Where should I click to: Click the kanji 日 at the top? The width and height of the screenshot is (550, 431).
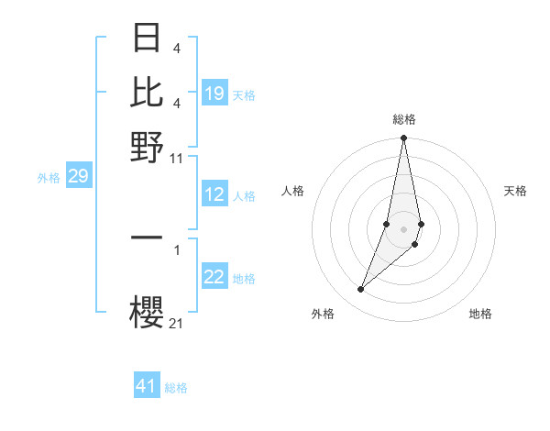coord(148,39)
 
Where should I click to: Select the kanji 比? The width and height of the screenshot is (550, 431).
coord(148,93)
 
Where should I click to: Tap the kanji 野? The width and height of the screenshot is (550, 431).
coord(148,146)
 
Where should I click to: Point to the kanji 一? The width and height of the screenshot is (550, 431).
coord(148,238)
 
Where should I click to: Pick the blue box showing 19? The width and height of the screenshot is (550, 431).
coord(214,93)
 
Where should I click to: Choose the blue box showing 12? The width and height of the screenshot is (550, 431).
coord(214,194)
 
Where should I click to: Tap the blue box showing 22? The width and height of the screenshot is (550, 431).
coord(214,277)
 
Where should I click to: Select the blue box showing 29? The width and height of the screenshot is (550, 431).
coord(78,176)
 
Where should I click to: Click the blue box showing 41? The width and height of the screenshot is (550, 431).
coord(147,386)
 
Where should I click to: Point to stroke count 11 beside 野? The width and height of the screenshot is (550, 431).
coord(177,158)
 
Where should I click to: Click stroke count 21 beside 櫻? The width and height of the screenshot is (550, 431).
coord(177,323)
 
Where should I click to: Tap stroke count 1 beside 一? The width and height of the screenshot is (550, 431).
coord(177,249)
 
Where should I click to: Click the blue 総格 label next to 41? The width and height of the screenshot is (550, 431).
coord(176,388)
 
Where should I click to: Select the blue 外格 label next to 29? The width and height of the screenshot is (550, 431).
coord(48,178)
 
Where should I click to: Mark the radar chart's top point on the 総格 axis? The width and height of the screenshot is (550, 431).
coord(403,138)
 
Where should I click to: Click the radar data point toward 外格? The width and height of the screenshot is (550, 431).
coord(360,290)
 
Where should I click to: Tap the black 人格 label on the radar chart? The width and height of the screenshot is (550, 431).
coord(292,191)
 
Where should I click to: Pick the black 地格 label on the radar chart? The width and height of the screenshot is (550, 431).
coord(480,314)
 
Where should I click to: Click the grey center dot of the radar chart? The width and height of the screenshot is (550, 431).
coord(403,229)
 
